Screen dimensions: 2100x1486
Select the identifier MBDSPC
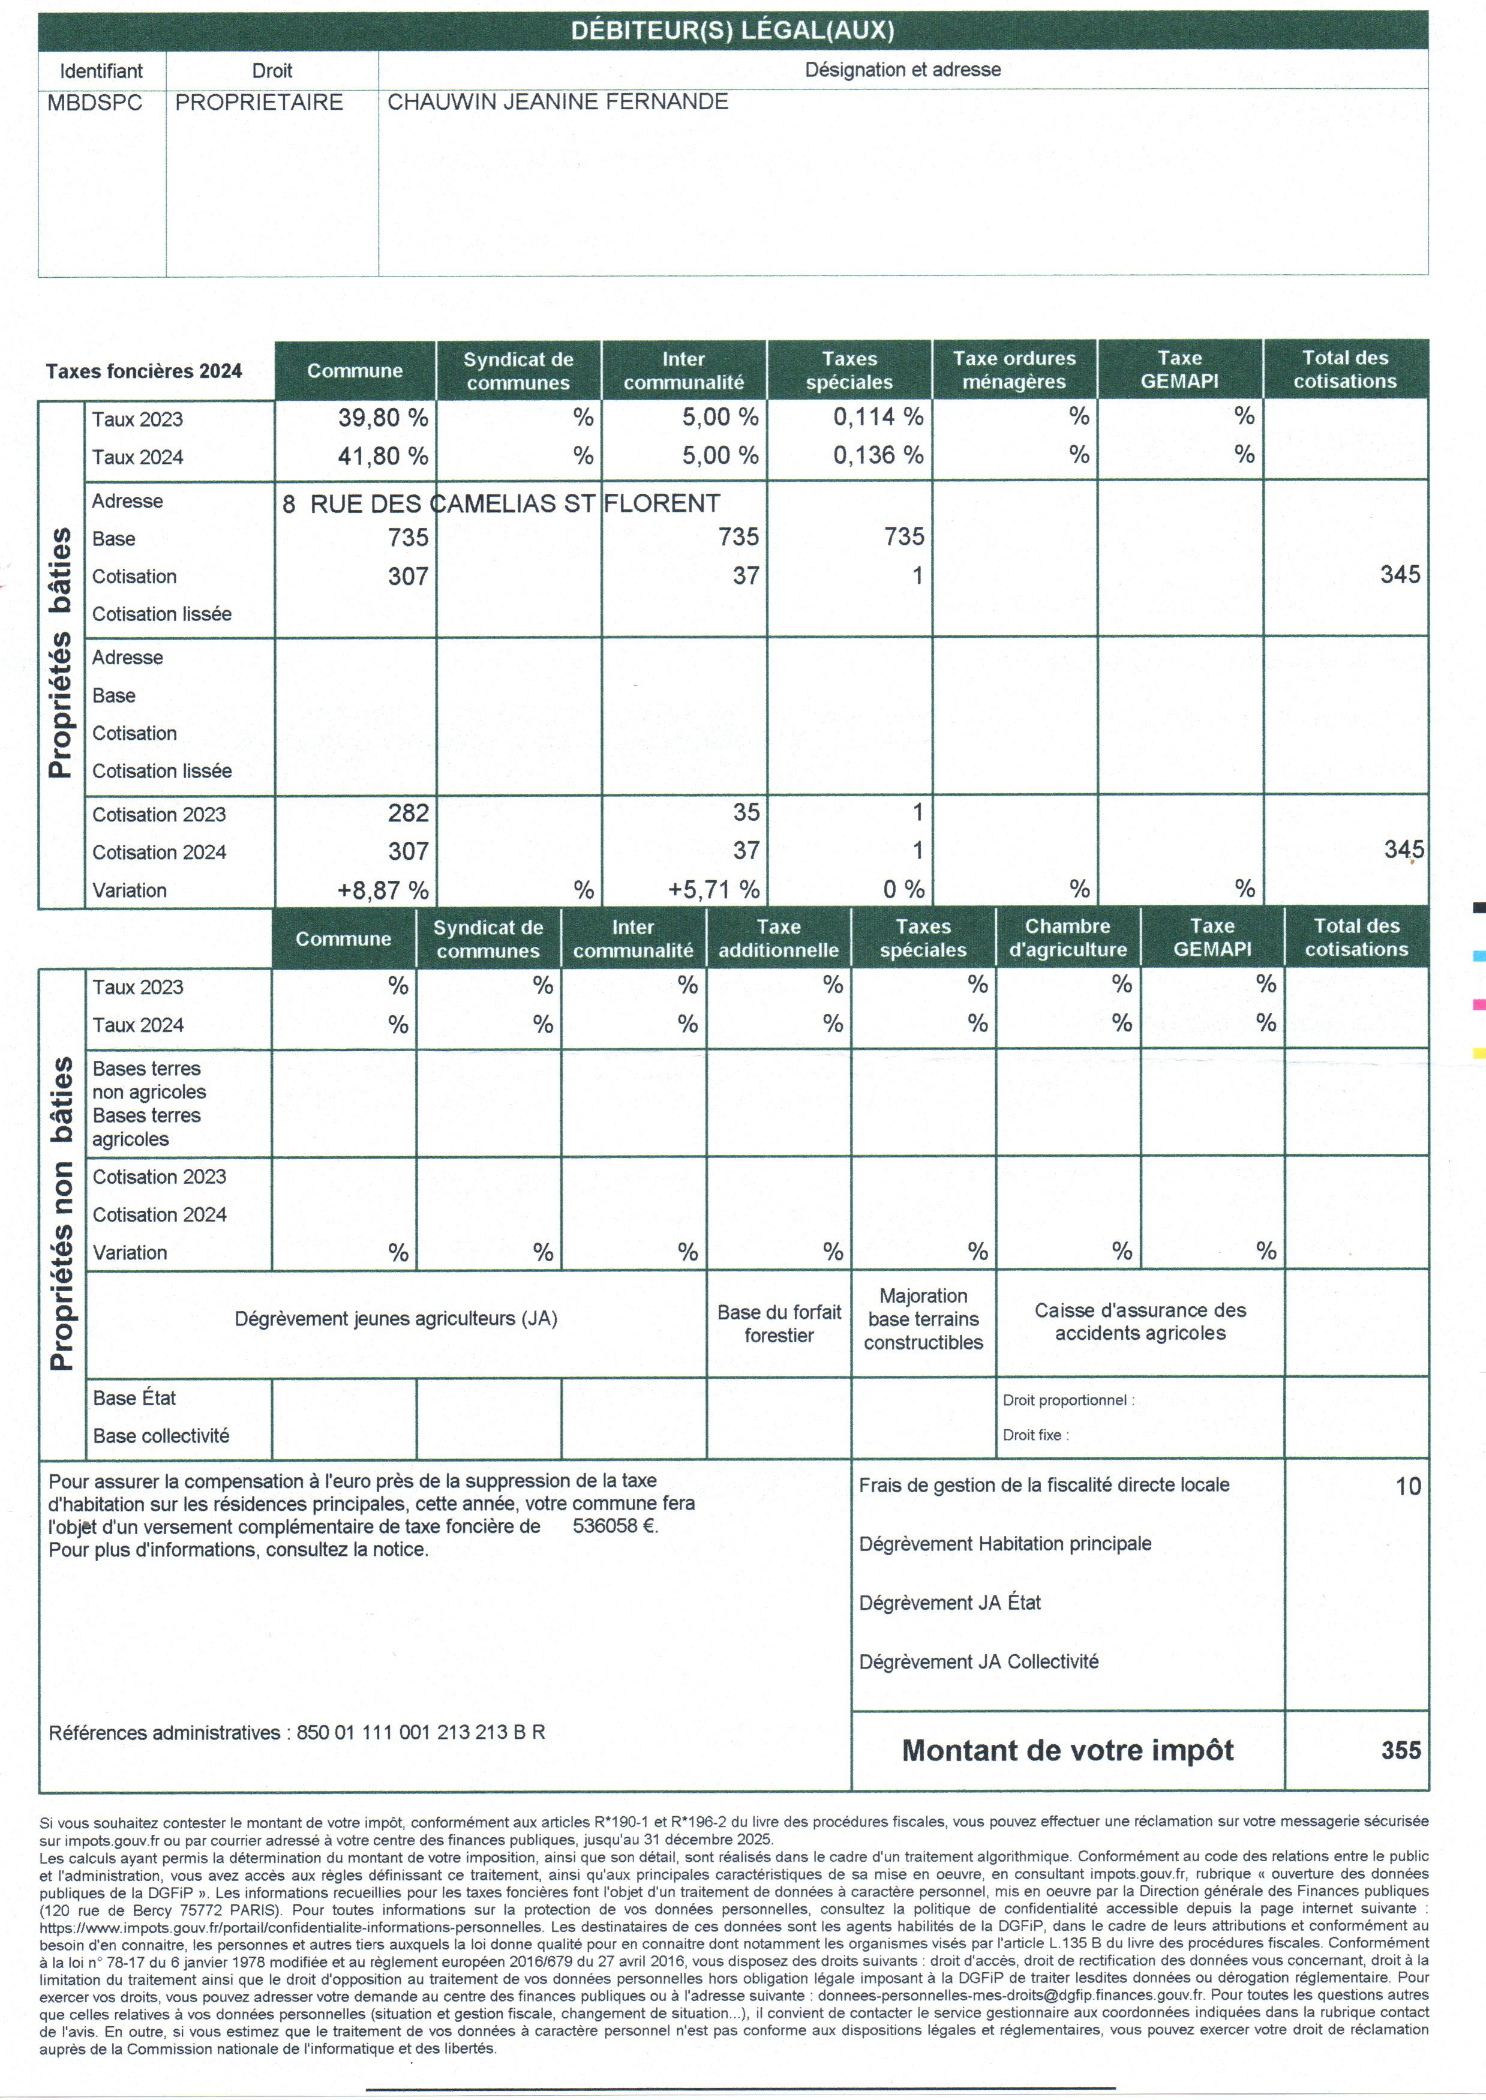95,103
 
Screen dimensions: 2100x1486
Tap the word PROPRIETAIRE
259,103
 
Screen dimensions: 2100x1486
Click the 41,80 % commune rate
383,455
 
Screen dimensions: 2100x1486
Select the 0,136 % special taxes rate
878,455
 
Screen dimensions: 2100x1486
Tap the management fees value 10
1407,1487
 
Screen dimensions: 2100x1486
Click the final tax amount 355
1401,1750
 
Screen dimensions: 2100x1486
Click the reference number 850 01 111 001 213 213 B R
421,1732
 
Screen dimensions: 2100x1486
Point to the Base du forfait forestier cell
779,1323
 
